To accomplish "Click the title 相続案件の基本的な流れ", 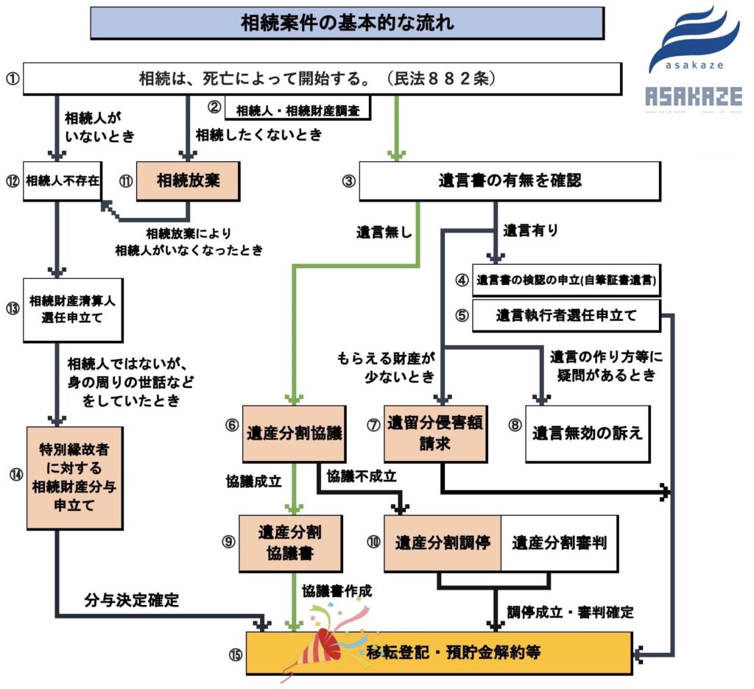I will click(347, 23).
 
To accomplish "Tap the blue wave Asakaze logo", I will click(693, 40).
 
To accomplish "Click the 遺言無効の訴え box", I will click(588, 434).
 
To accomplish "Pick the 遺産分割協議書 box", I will click(290, 543).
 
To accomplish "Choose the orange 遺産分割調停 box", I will click(443, 544).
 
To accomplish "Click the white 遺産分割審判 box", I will click(559, 544).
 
